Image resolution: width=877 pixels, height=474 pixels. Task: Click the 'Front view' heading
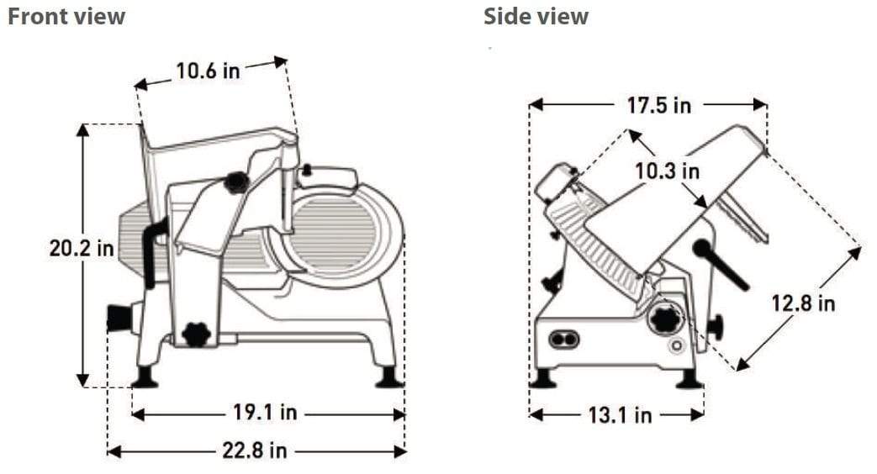(x=66, y=16)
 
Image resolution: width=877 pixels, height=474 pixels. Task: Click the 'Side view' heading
(x=536, y=16)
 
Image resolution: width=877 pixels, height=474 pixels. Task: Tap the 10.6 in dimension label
(x=208, y=70)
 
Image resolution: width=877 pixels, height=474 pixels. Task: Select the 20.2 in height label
(x=82, y=250)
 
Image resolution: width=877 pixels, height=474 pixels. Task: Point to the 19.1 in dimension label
(x=265, y=413)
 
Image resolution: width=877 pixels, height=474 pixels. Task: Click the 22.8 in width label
(x=255, y=450)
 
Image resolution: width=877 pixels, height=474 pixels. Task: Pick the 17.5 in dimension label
(x=658, y=105)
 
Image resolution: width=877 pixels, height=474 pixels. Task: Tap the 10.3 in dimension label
(x=667, y=171)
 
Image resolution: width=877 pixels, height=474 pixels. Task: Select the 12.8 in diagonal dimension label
(x=803, y=303)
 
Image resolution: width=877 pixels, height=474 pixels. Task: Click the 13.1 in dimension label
(x=619, y=414)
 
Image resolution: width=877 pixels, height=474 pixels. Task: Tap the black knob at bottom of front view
(x=196, y=334)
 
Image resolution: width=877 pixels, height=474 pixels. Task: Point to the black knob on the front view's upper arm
(x=236, y=182)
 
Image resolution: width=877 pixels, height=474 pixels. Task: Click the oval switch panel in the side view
(x=563, y=339)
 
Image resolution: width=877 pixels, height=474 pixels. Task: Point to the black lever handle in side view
(x=721, y=264)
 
